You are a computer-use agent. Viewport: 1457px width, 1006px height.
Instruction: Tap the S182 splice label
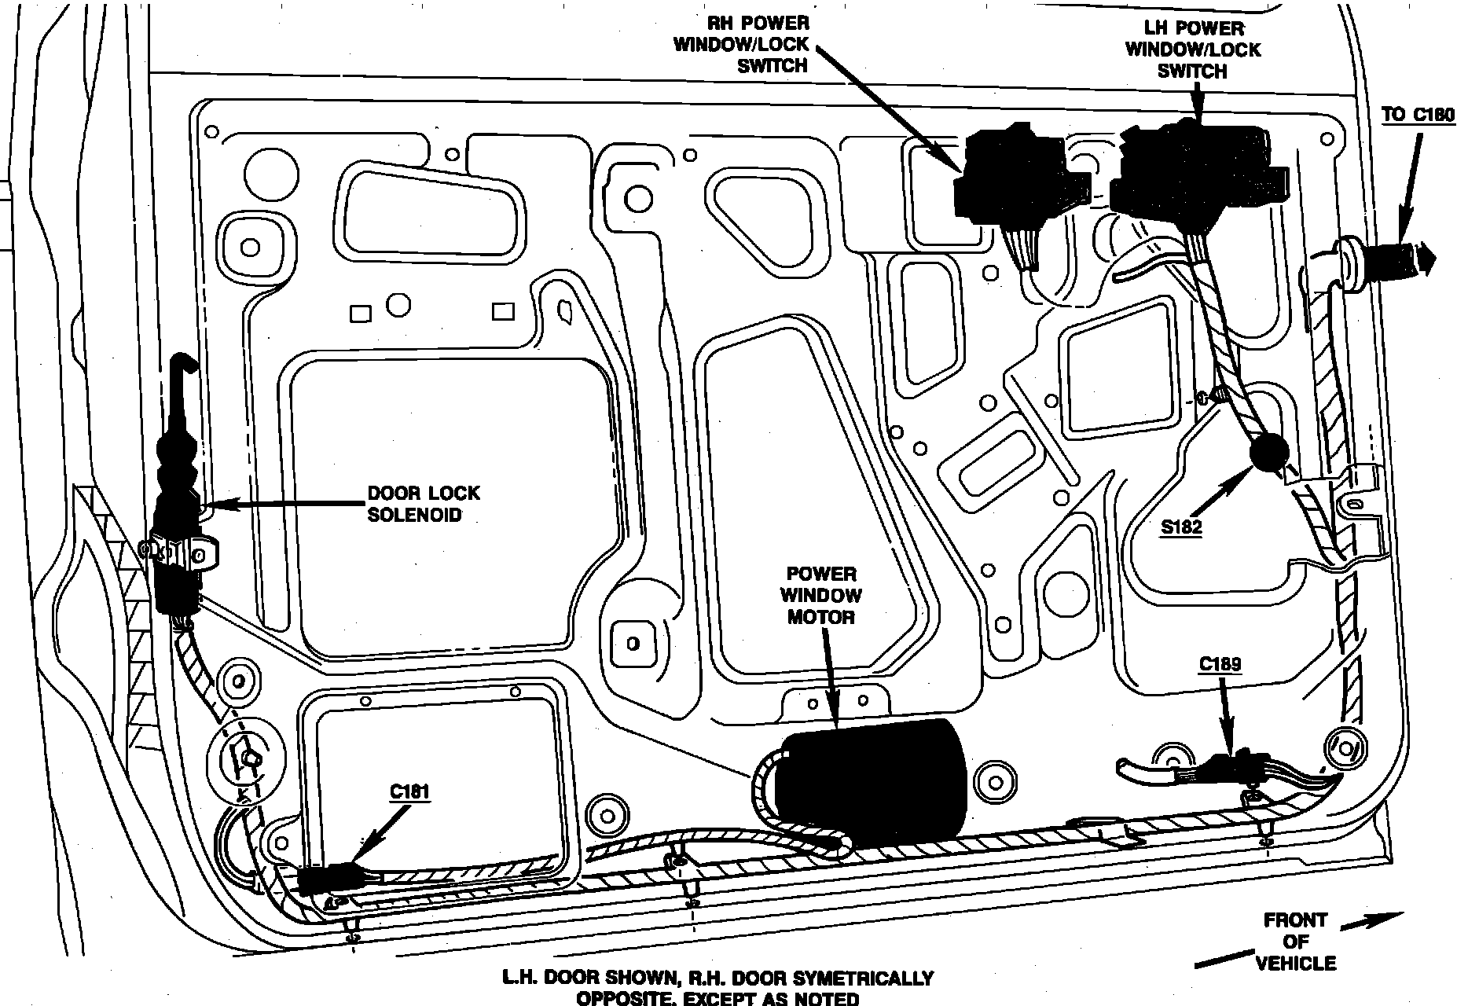point(1181,527)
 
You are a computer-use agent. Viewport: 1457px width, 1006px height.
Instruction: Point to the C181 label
point(409,791)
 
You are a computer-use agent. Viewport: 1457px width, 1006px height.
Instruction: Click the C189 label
point(1220,665)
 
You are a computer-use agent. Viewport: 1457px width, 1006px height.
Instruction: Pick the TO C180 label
point(1418,115)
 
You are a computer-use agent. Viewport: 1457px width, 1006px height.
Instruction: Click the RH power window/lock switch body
point(1014,178)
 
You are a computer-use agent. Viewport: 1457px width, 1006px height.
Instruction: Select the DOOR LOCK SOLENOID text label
point(424,504)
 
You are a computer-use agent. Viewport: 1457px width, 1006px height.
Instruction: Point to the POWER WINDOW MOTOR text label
point(821,595)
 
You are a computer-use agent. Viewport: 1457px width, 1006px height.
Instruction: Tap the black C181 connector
point(328,879)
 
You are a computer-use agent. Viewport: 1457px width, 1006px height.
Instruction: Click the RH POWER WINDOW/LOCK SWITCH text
point(743,45)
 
